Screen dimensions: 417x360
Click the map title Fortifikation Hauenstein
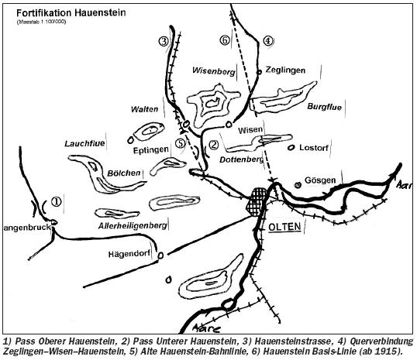coord(71,13)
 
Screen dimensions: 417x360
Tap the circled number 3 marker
coord(164,42)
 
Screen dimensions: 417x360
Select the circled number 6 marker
coord(225,40)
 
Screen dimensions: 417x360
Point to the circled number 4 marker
coord(268,41)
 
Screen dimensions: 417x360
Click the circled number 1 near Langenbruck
coord(57,201)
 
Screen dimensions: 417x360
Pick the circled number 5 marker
coord(181,143)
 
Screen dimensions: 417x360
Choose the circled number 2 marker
coord(214,145)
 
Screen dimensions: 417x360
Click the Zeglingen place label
coord(285,70)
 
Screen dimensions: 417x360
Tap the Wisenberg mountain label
coord(214,71)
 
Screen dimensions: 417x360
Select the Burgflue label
coord(325,107)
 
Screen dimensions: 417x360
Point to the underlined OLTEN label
coord(284,227)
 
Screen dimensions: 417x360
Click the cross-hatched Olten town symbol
coord(257,202)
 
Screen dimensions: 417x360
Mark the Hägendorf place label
coord(129,254)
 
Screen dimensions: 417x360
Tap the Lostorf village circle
coord(291,147)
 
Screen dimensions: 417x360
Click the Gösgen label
coord(320,180)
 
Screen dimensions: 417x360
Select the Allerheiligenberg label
coord(133,226)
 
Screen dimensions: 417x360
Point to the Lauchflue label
coord(84,144)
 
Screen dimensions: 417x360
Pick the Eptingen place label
coord(151,150)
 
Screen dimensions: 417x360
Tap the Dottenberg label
coord(241,159)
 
